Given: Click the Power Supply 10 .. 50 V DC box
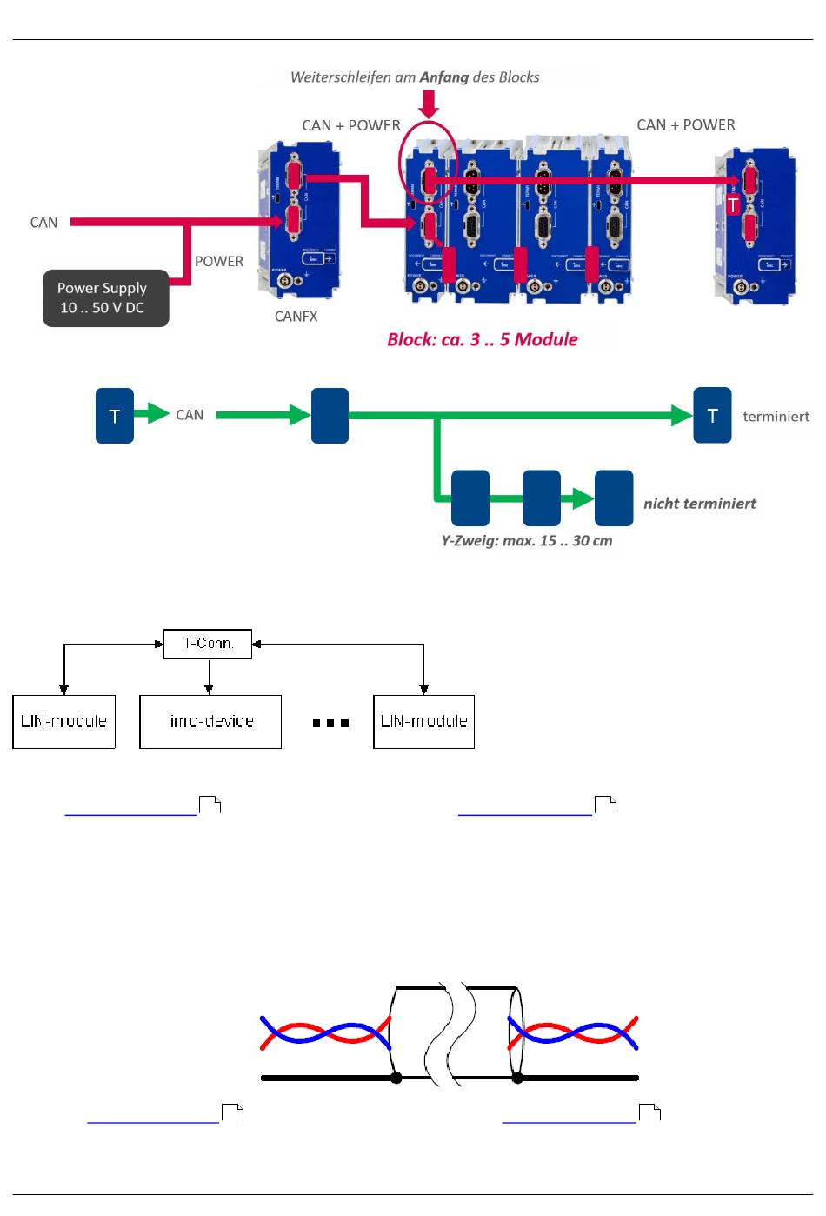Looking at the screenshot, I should coord(105,298).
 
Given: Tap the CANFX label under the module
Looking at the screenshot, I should coord(296,317).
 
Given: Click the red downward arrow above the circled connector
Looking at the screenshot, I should coord(429,104).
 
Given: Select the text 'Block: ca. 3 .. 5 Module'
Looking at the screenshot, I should coord(482,339).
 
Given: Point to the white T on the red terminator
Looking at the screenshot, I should coord(733,205).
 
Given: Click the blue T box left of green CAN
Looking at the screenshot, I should coord(115,416).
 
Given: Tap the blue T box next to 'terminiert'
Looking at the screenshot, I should coord(712,416).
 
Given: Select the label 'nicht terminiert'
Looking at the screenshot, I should coord(699,504).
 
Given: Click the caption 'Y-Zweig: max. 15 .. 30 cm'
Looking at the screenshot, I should coord(526,541).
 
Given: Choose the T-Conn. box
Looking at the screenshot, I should coord(208,644).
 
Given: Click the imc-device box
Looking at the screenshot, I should coord(210,722).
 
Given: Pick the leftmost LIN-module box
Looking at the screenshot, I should coord(63,722).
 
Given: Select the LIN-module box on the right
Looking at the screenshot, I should coord(423,722).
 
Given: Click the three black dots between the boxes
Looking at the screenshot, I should coord(330,723).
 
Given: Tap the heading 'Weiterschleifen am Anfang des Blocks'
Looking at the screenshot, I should coord(415,77).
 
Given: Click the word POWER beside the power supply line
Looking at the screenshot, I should coord(218,262).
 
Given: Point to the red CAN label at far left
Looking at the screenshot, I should coord(43,223).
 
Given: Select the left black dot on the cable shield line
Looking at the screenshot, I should coord(396,1078).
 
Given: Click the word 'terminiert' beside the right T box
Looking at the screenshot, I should coord(776,417).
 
